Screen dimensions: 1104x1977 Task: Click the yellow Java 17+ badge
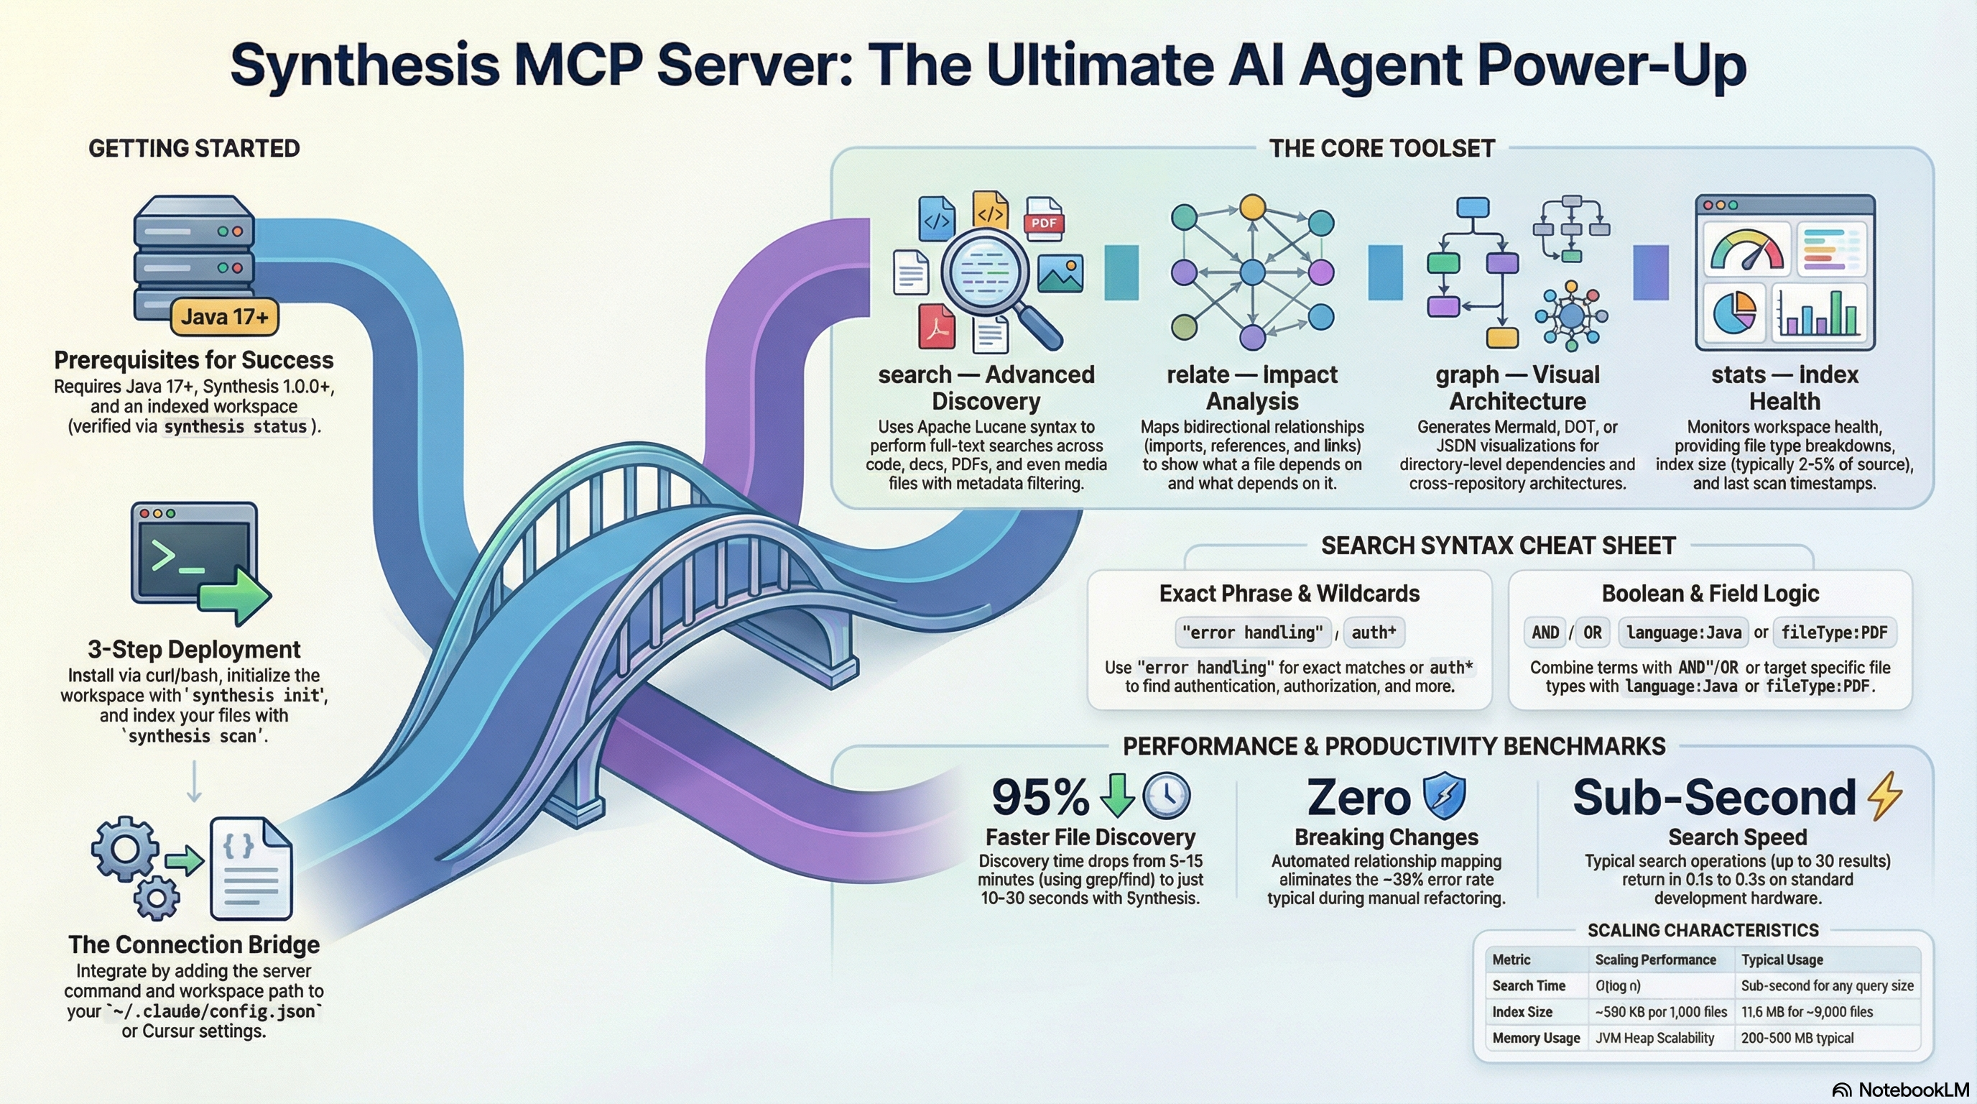(224, 316)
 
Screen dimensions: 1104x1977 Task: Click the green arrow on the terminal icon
(236, 596)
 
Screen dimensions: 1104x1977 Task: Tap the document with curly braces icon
(251, 868)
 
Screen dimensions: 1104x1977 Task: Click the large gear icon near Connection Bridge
(125, 848)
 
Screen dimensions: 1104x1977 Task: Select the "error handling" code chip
(1253, 632)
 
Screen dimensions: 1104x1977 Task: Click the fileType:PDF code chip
(1833, 632)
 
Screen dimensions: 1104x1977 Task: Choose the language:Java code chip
(1683, 632)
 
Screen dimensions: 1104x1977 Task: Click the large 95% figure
(1040, 797)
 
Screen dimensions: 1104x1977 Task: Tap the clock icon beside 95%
(1166, 795)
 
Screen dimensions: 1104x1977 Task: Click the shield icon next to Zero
(1444, 796)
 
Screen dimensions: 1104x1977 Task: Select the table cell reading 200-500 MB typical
(1797, 1038)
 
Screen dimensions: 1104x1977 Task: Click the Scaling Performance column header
(1654, 960)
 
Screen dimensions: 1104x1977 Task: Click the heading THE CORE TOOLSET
(1381, 148)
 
